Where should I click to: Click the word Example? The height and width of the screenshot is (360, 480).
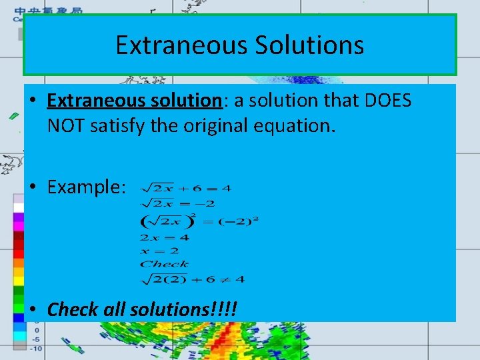click(85, 187)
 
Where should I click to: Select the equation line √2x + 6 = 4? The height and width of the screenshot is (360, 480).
click(185, 188)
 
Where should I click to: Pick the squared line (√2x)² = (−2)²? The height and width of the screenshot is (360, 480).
click(199, 221)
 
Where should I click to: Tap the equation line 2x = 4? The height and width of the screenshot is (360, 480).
click(164, 237)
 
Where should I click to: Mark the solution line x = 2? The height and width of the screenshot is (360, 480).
click(159, 251)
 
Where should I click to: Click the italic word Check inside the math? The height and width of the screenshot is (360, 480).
click(164, 265)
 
